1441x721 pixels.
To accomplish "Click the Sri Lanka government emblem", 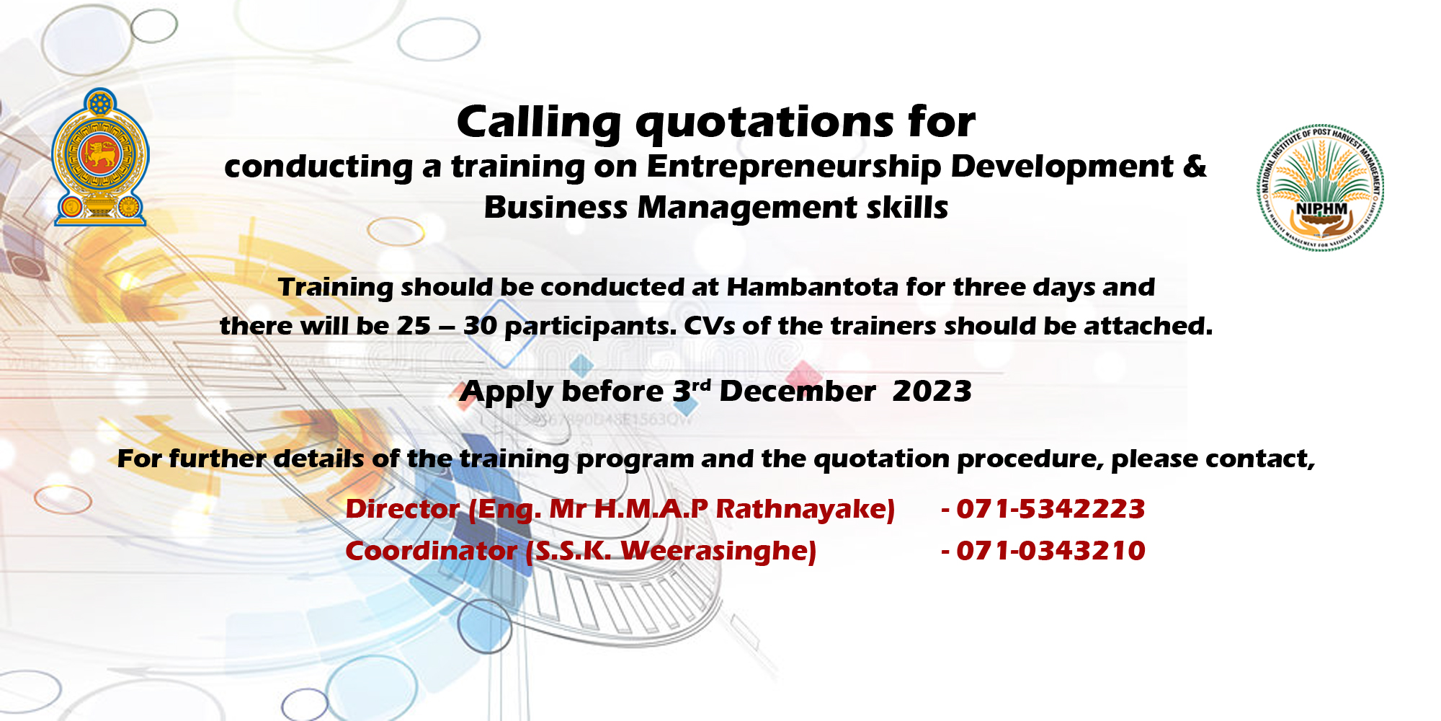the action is point(101,157).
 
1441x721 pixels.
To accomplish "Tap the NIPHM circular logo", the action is point(1321,188).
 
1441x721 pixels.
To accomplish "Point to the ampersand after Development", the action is point(1195,166).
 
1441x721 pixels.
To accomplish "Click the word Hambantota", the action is point(812,287).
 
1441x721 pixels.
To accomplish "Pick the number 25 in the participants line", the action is point(414,326).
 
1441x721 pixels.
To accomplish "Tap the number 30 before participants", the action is point(481,326).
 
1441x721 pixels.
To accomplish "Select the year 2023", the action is point(932,392).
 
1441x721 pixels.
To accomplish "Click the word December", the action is point(798,392).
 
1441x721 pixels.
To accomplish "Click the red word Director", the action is point(403,509).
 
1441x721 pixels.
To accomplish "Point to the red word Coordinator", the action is point(431,551).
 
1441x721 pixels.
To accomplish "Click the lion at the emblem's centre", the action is point(100,154).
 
